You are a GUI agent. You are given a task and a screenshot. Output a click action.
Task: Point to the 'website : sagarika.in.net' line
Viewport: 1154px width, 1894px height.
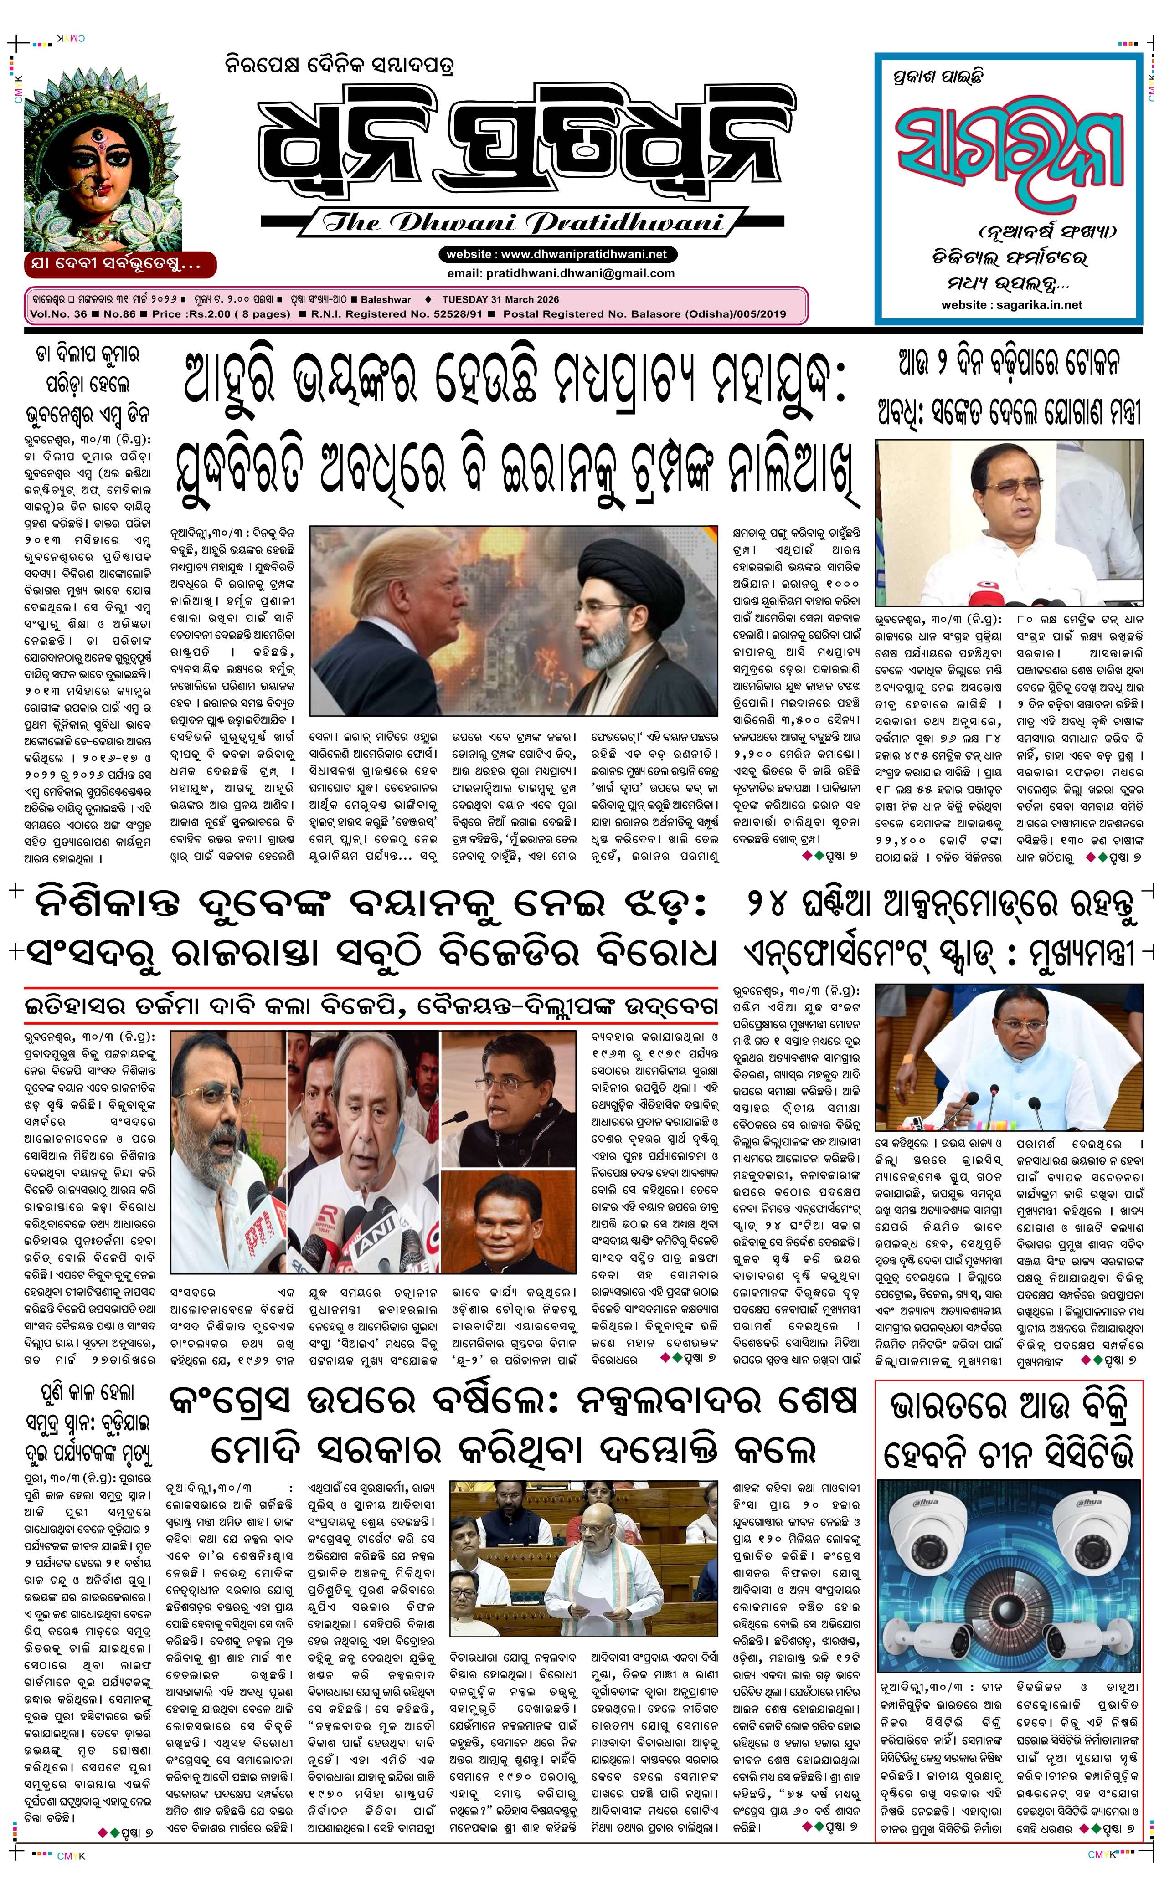tap(1011, 304)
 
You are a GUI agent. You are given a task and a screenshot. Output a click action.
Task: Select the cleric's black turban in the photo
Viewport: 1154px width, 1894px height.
tap(615, 561)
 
